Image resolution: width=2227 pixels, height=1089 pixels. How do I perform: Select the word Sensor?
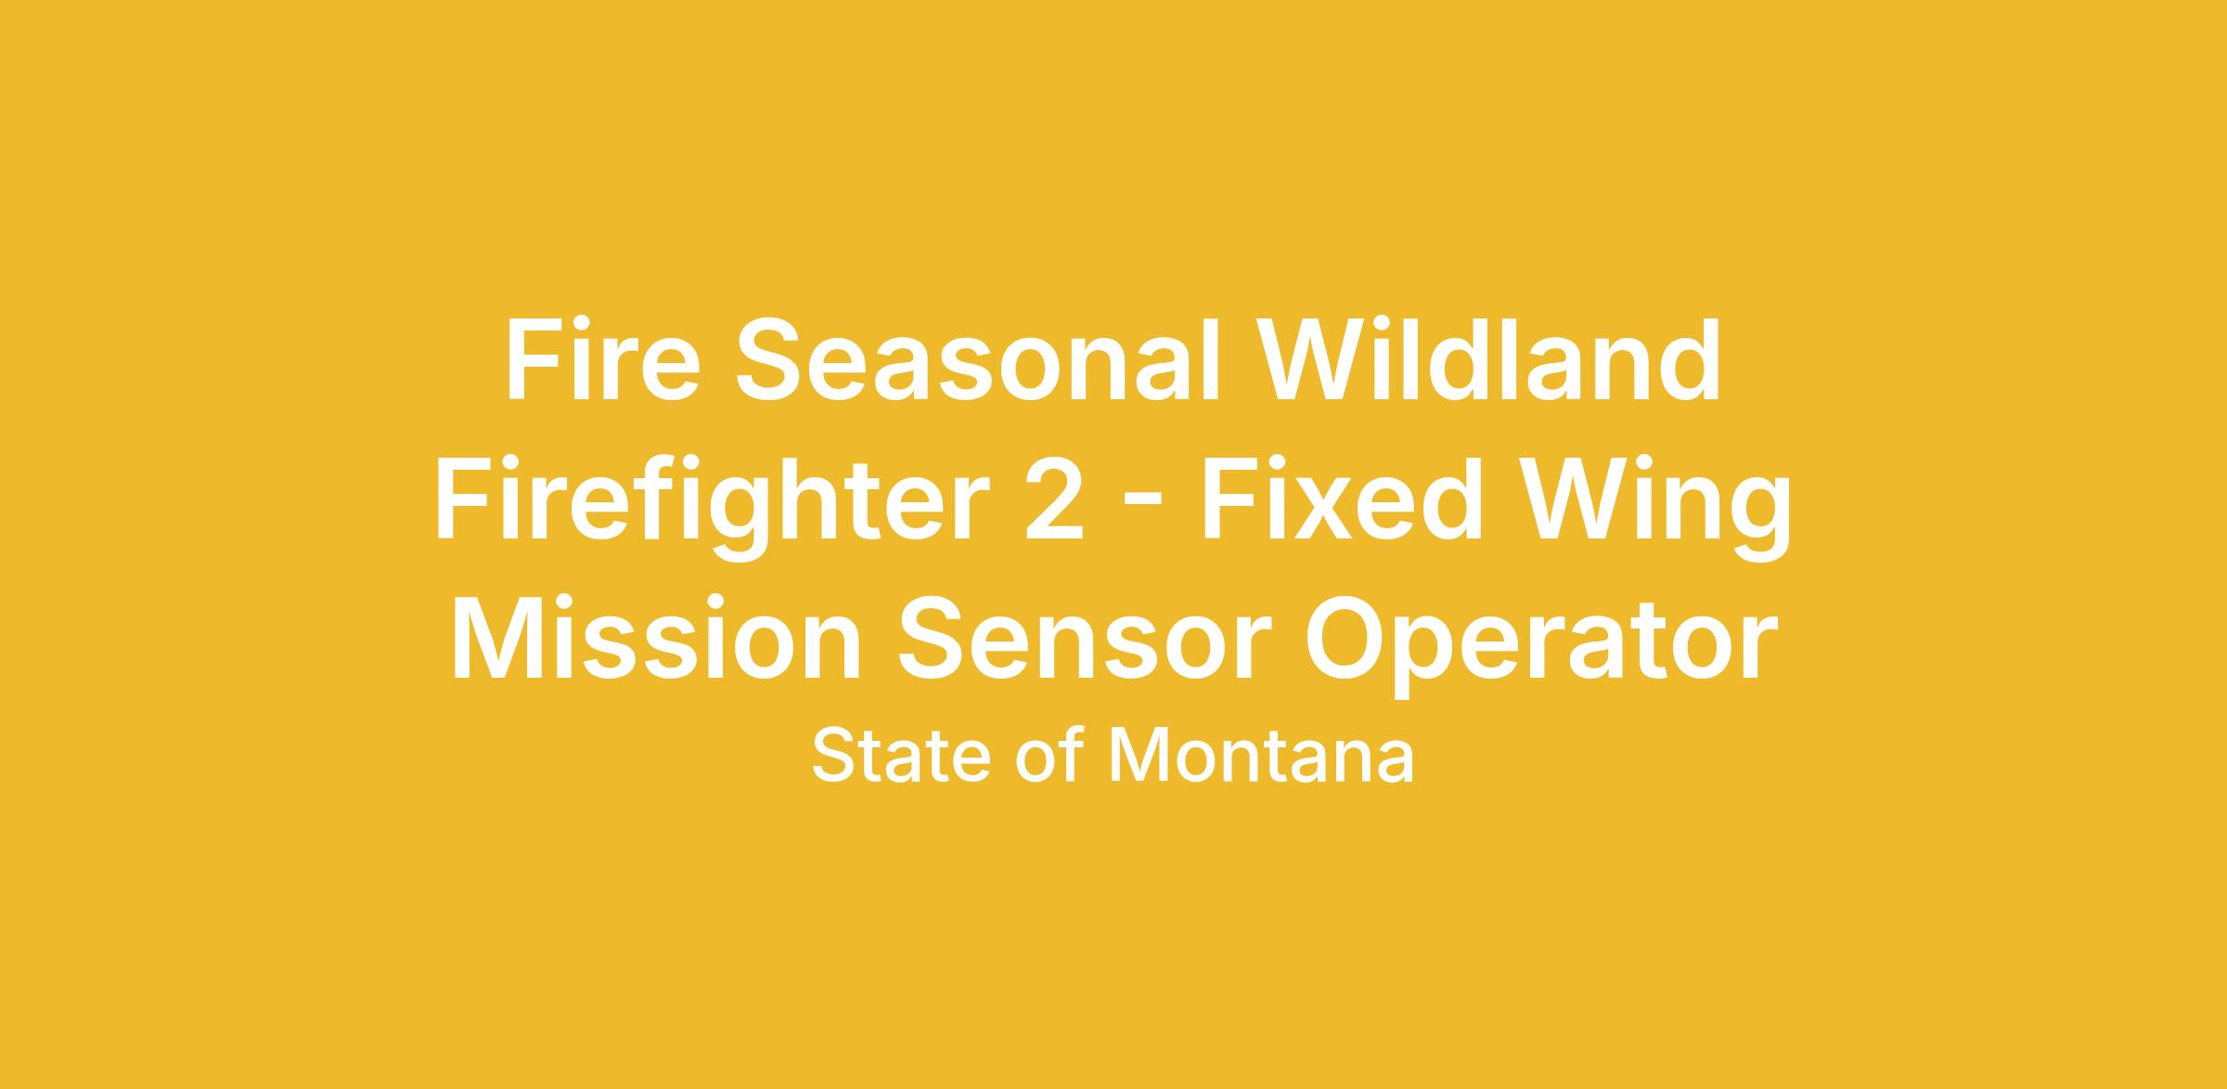point(1083,639)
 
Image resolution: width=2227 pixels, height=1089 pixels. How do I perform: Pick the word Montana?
point(1261,756)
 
